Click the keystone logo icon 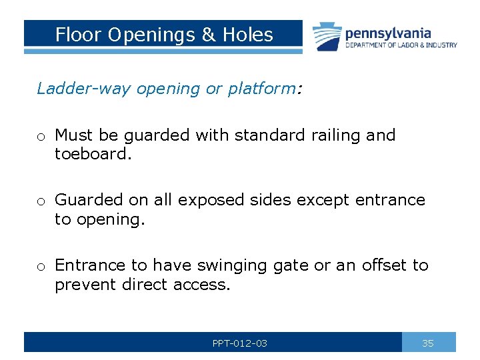[327, 36]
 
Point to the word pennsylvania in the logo [388, 33]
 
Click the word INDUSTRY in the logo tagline [440, 45]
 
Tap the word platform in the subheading [261, 89]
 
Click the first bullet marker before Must [41, 136]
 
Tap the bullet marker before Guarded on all [41, 201]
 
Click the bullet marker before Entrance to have [41, 266]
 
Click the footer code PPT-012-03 [240, 343]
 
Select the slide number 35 [428, 343]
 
